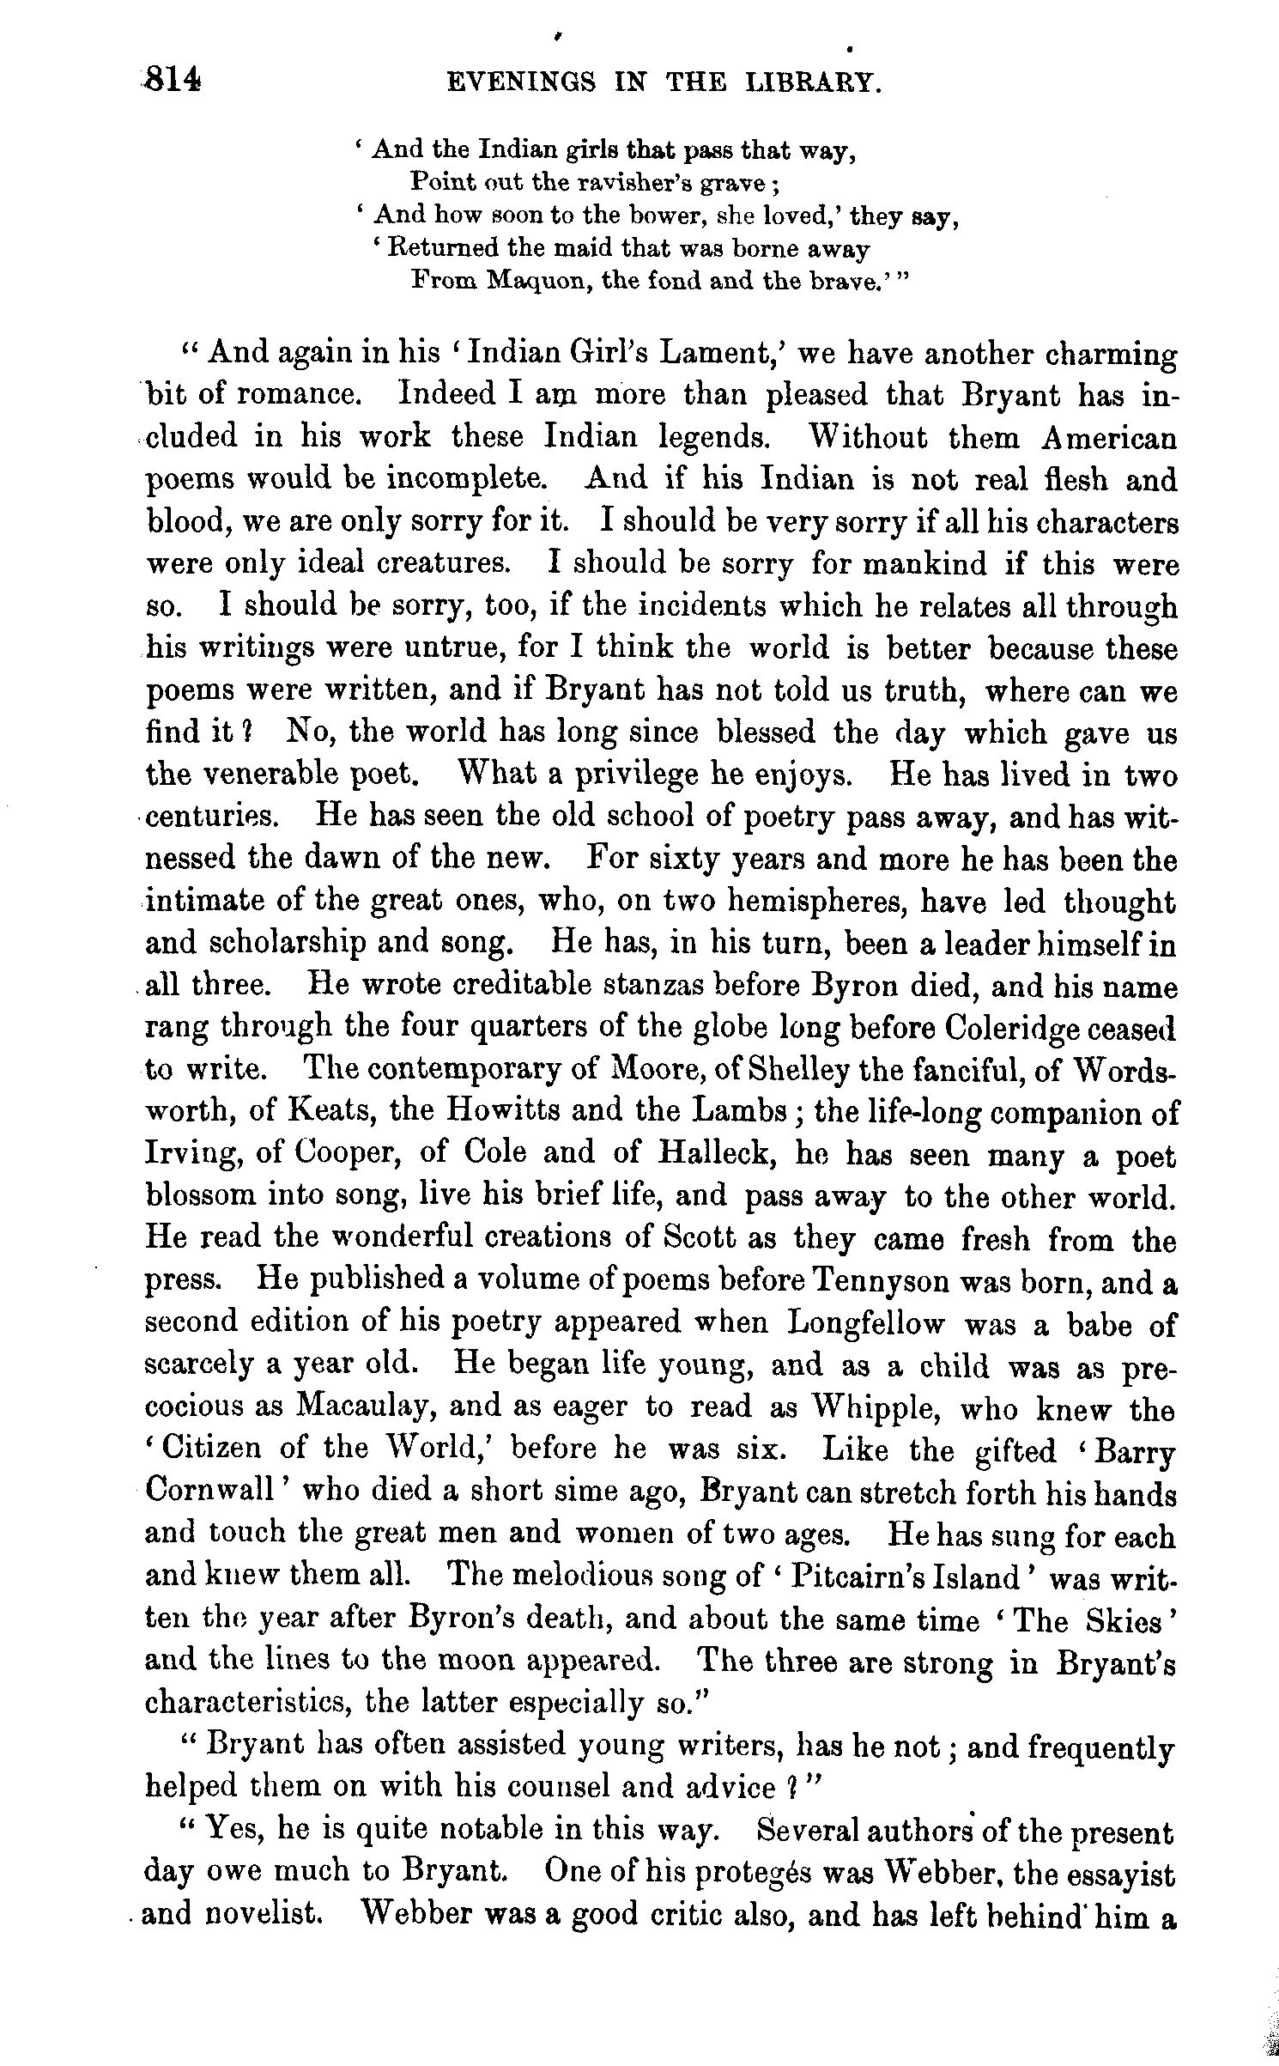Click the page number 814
(174, 81)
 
